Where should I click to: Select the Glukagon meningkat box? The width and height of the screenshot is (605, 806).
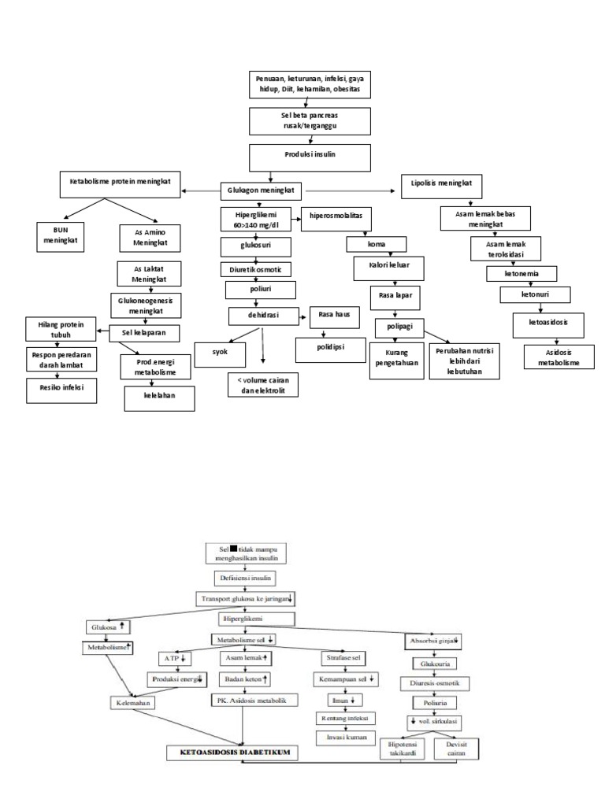[262, 190]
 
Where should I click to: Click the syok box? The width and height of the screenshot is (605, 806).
[221, 353]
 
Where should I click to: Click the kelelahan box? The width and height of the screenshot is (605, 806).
[159, 399]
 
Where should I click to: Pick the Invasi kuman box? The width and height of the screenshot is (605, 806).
[345, 737]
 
